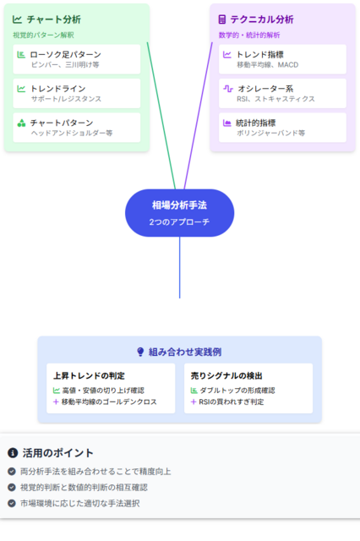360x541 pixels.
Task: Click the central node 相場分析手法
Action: [x=180, y=213]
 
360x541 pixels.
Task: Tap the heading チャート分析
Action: [x=54, y=19]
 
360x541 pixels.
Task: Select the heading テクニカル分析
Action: [x=262, y=19]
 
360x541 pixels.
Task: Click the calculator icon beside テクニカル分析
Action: [x=222, y=19]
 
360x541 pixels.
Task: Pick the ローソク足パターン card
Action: [x=77, y=59]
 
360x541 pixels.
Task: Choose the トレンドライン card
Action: [x=77, y=93]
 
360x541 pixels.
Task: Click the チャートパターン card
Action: [x=77, y=128]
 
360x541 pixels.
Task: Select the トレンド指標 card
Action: [x=282, y=59]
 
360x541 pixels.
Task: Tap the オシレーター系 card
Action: [x=282, y=93]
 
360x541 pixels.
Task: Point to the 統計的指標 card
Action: [x=282, y=128]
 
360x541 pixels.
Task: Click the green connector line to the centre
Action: [x=161, y=116]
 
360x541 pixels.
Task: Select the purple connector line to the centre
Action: [x=199, y=116]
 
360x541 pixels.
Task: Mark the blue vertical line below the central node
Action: [x=180, y=267]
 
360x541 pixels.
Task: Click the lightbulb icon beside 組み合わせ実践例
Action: [x=140, y=352]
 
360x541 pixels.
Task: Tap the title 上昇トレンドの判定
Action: [x=89, y=375]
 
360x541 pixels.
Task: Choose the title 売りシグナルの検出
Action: [x=226, y=375]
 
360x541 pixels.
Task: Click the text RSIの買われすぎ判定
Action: [x=232, y=402]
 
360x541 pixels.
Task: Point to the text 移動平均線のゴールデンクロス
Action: [x=109, y=402]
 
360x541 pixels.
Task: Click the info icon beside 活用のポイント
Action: [x=13, y=453]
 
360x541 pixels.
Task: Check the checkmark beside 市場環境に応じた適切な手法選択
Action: [x=12, y=504]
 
